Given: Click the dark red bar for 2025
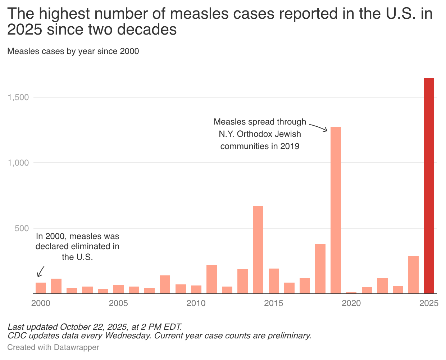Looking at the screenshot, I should point(429,185).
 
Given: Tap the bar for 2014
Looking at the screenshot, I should point(258,250).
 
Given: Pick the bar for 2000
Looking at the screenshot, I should point(41,288).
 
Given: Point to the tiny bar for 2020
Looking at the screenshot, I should point(351,293).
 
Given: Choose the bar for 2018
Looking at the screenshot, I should point(320,269).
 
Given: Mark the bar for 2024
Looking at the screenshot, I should point(413,275).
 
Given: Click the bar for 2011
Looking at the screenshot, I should point(211,279).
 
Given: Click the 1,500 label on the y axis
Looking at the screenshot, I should point(18,97).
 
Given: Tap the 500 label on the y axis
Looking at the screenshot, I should point(22,228).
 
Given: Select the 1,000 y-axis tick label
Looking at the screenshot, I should point(18,163).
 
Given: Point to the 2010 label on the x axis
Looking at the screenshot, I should point(196,303).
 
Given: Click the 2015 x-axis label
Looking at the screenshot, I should point(274,303).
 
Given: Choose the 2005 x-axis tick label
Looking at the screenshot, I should point(118,303).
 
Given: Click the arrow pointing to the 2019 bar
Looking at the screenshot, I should point(319,127).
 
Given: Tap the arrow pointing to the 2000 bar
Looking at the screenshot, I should point(41,271).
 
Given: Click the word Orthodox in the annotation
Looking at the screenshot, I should point(256,134).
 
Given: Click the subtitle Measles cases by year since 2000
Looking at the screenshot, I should point(73,51).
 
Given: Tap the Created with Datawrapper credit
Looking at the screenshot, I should point(53,347).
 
